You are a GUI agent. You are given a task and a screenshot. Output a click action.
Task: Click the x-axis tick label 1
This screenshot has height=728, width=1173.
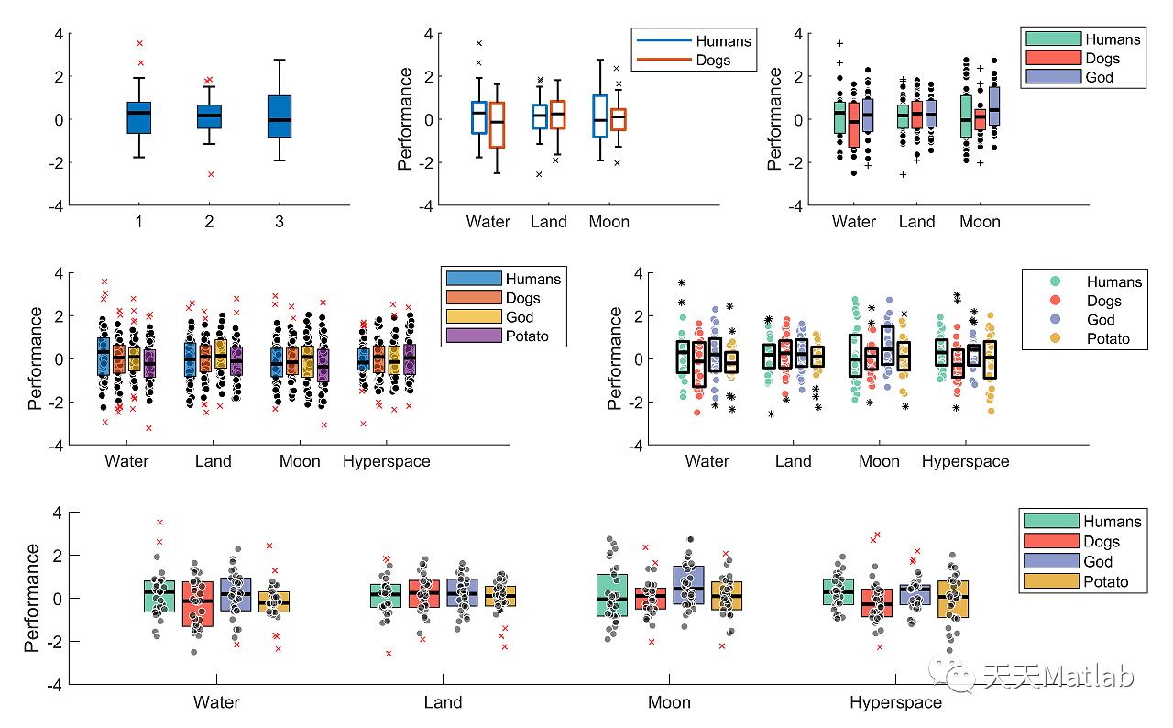(139, 222)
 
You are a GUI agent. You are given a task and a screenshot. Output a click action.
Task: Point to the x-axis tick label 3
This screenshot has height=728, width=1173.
(280, 222)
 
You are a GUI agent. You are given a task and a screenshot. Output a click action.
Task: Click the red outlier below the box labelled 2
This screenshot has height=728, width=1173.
(210, 174)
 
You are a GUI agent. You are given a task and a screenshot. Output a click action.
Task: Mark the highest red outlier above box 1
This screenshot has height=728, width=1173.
(139, 43)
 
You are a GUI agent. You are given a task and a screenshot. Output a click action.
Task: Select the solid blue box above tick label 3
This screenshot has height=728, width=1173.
(280, 116)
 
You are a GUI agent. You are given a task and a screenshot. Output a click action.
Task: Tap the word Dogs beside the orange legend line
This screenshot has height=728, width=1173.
(713, 61)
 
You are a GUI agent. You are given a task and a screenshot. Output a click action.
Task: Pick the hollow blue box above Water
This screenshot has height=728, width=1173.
(478, 117)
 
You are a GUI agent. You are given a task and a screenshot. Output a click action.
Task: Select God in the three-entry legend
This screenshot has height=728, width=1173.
(1099, 78)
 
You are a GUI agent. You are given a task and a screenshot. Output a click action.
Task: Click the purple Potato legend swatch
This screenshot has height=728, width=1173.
(473, 336)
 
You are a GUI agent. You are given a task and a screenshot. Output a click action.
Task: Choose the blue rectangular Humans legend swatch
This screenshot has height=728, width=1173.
(473, 279)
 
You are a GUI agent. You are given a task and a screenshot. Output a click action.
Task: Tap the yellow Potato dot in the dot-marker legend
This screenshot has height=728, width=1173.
(1056, 339)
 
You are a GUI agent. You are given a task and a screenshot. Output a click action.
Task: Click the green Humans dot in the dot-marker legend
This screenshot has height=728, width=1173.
(1056, 281)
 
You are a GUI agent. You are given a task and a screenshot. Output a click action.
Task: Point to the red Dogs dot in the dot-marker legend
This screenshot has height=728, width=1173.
(1056, 301)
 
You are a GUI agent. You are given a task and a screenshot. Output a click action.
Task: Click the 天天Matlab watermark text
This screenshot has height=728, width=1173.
(1058, 677)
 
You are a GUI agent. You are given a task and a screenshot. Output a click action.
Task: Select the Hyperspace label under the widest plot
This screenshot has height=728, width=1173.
(895, 703)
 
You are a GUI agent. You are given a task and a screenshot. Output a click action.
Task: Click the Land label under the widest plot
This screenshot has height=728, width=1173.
(443, 703)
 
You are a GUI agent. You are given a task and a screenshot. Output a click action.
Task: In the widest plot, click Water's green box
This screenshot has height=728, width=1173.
(159, 596)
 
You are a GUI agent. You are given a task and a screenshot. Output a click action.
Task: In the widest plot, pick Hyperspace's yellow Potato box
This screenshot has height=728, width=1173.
(953, 598)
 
